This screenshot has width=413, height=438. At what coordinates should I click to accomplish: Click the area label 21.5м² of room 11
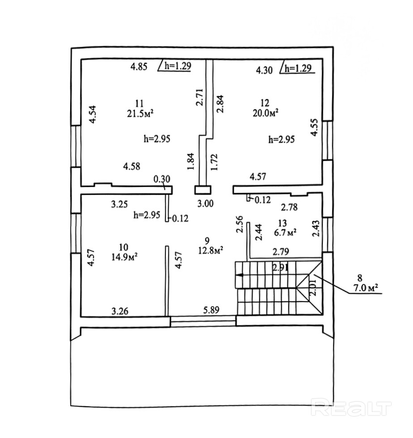(x=140, y=114)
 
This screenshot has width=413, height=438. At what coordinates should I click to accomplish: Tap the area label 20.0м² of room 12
(x=266, y=113)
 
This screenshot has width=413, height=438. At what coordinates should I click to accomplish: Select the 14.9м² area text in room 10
(x=125, y=257)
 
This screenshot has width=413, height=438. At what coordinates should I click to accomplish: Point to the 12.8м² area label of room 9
(x=211, y=251)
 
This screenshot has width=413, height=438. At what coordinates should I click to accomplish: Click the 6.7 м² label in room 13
(x=285, y=232)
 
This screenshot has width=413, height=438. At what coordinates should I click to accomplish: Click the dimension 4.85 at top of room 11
(x=139, y=67)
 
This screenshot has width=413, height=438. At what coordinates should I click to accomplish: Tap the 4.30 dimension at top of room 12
(x=264, y=70)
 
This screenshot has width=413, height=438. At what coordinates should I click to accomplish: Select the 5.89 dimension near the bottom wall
(x=211, y=310)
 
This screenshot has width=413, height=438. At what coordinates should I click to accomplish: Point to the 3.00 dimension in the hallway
(x=206, y=204)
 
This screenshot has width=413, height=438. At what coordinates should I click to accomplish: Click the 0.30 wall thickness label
(x=162, y=179)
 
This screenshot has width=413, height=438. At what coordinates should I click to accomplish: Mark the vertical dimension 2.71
(x=199, y=97)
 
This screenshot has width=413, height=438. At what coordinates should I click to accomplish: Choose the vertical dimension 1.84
(x=191, y=161)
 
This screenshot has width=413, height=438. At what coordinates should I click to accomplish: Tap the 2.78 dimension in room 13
(x=289, y=207)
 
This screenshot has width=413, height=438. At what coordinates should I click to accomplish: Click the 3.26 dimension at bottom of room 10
(x=120, y=311)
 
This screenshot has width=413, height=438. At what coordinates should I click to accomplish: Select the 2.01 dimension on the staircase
(x=313, y=288)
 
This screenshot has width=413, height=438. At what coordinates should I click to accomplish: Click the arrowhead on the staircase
(x=239, y=275)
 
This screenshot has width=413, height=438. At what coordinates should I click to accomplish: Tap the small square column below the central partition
(x=202, y=190)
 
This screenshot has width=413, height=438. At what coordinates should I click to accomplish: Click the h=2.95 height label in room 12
(x=281, y=139)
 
